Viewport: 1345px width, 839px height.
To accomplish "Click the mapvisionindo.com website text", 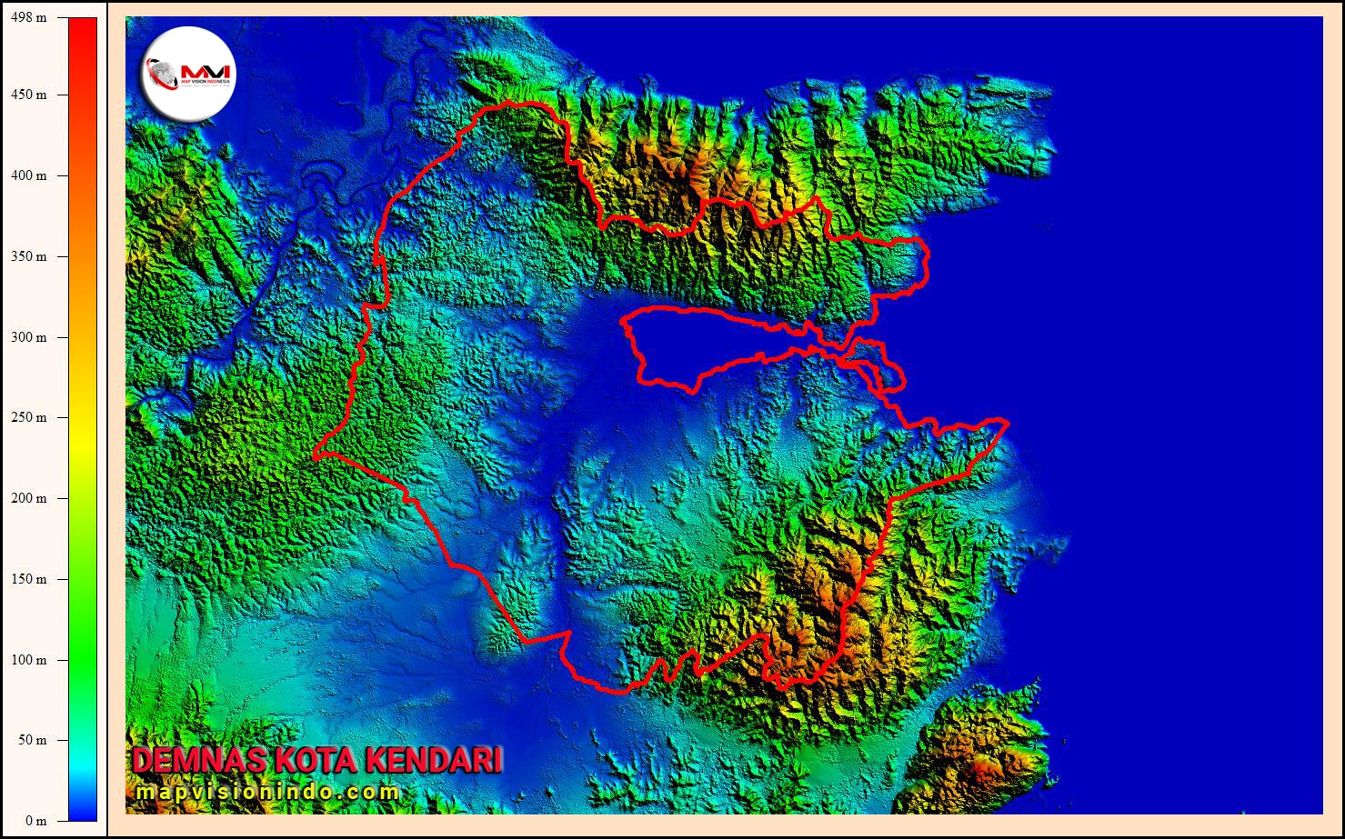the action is pyautogui.click(x=268, y=792).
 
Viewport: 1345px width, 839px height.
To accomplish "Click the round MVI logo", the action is pyautogui.click(x=190, y=72).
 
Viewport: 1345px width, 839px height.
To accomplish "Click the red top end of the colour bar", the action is pyautogui.click(x=83, y=27).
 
